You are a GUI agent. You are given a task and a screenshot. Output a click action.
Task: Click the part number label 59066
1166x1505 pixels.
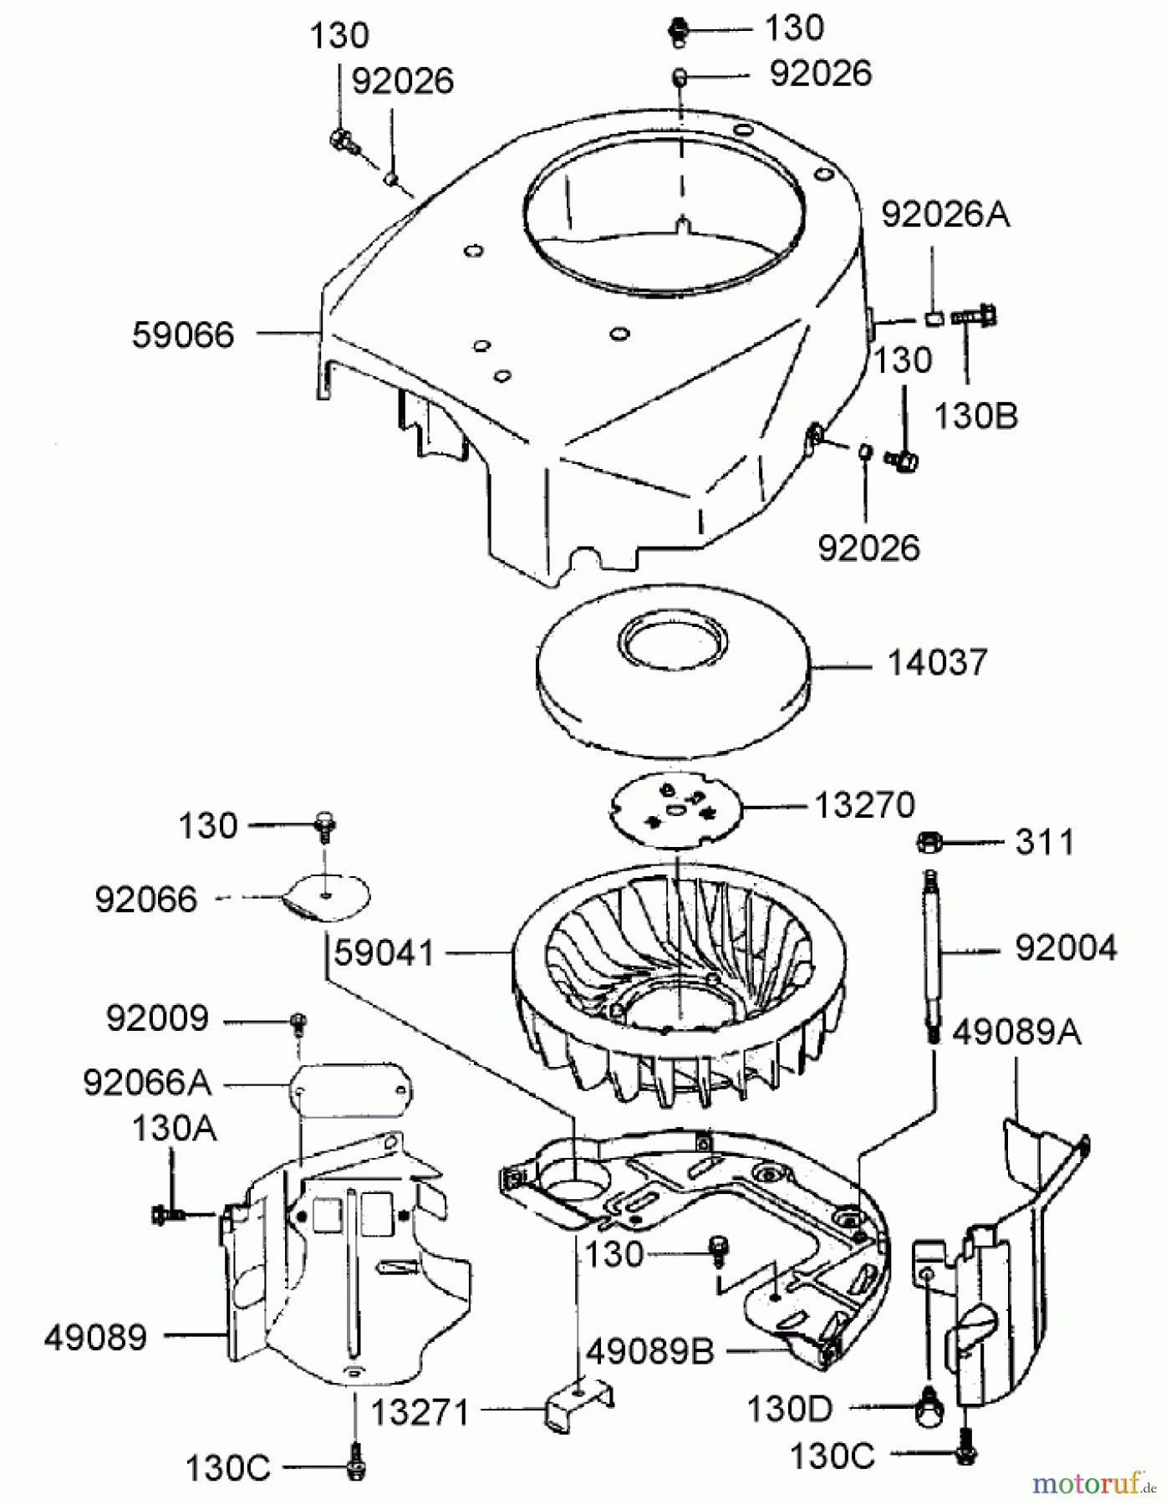pos(183,335)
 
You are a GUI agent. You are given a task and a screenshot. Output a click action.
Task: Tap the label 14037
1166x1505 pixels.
pos(937,663)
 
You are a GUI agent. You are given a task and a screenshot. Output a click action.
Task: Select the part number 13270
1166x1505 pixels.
pos(863,805)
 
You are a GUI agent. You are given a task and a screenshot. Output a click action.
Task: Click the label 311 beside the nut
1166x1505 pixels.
pos(1045,842)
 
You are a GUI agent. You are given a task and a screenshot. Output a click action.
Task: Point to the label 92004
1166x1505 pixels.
pos(1066,948)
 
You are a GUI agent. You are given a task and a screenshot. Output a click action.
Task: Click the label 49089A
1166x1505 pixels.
pos(1016,1033)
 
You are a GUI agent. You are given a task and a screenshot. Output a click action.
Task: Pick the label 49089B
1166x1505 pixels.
pos(650,1350)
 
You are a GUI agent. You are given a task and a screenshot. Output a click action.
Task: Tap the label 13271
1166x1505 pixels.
pos(420,1412)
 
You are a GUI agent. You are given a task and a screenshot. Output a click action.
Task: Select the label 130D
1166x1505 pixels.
pos(789,1410)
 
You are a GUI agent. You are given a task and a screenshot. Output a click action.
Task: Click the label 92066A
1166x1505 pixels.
pos(147,1083)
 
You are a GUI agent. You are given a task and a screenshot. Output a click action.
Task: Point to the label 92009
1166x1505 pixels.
pos(157,1018)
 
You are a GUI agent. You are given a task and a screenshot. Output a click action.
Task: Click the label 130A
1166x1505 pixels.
pos(174,1129)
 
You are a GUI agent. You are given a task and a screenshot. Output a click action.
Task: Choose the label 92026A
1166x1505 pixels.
pos(945,216)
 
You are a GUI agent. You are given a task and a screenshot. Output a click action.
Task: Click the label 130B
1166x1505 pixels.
pos(975,416)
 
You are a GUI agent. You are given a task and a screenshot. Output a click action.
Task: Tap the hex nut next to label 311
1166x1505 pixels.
pos(929,842)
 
